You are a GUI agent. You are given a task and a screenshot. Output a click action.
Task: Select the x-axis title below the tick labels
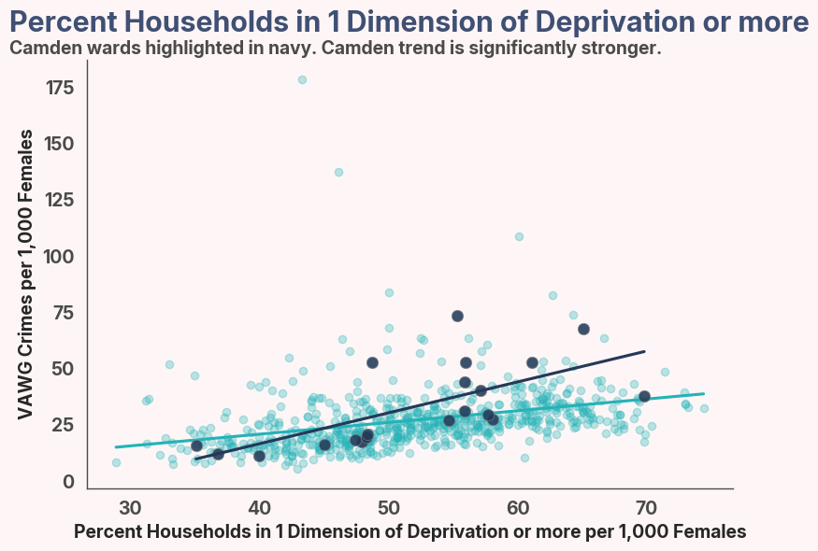409,531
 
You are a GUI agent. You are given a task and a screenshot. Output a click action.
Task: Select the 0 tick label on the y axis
69,481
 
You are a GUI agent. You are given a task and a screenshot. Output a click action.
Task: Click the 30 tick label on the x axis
130,508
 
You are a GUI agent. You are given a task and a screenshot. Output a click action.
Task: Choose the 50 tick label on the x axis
388,508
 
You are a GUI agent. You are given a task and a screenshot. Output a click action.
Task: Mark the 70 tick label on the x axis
646,508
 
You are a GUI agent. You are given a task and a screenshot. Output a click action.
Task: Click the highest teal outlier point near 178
302,80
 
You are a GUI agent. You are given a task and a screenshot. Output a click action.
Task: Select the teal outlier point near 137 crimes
338,172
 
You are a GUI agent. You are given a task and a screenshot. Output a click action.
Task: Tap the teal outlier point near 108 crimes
519,236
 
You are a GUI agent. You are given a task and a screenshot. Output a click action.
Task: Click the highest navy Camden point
457,316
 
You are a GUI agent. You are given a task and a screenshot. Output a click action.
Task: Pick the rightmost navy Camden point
644,396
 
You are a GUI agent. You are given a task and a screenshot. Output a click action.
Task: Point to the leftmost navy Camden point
196,445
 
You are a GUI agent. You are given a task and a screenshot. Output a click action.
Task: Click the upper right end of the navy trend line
644,352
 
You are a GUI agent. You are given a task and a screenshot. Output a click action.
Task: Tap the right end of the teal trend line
703,394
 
